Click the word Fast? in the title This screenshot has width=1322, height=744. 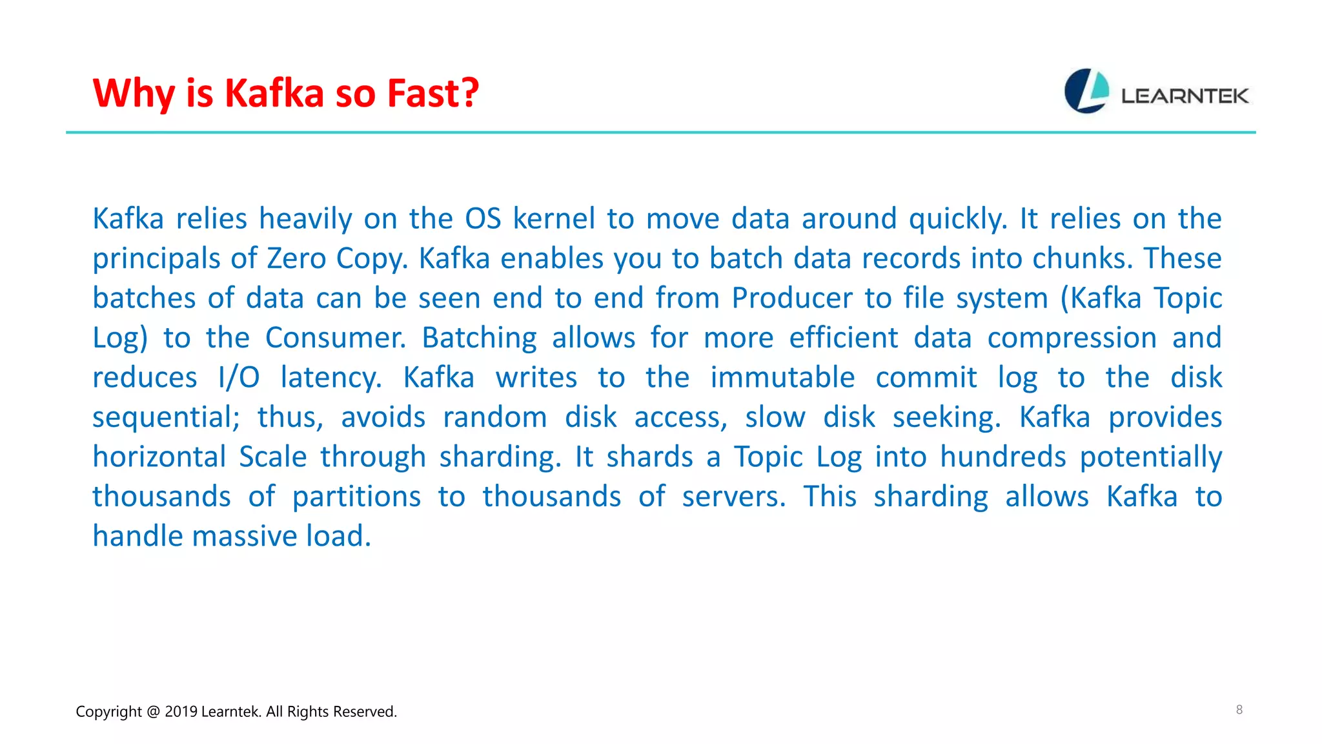(x=432, y=94)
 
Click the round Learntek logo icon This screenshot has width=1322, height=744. (x=1086, y=91)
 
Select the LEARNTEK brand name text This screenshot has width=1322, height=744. (x=1185, y=96)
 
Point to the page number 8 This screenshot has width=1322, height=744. (x=1239, y=710)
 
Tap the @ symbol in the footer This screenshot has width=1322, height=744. (x=153, y=712)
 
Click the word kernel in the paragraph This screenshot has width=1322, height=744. (x=554, y=219)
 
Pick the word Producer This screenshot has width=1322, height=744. (x=792, y=298)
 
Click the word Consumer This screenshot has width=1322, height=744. (x=336, y=338)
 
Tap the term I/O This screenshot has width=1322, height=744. (x=239, y=378)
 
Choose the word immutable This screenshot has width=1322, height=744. (x=782, y=378)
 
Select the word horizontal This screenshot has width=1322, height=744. (x=159, y=457)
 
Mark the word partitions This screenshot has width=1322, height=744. (x=356, y=497)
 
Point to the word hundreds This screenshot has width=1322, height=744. (x=1002, y=457)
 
